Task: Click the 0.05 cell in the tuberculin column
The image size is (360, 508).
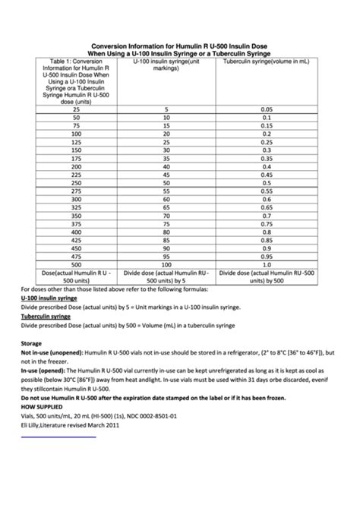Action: tap(267, 109)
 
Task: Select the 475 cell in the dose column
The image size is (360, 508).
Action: tap(76, 257)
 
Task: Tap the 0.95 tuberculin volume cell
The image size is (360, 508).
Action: tap(267, 257)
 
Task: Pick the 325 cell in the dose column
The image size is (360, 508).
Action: tap(76, 207)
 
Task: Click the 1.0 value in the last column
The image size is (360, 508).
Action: tap(267, 265)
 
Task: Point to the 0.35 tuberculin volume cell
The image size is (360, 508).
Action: tap(267, 159)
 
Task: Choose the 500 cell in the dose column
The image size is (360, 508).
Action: tap(76, 265)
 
